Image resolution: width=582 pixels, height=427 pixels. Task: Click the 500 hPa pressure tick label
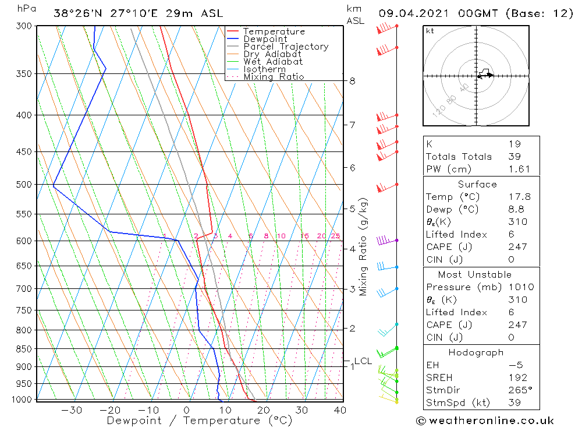pos(25,185)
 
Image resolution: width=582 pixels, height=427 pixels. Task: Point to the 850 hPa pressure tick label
pos(25,349)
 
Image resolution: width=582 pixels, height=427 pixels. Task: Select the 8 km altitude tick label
pos(352,81)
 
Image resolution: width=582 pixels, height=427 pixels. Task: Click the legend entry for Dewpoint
pos(265,39)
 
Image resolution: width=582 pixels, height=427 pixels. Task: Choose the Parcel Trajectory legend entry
pos(285,47)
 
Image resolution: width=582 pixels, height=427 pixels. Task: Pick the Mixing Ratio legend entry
pos(274,77)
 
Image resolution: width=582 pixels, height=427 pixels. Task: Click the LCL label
pos(363,361)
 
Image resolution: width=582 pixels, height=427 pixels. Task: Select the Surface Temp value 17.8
pos(519,197)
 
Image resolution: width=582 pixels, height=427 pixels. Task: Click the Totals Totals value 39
pos(513,156)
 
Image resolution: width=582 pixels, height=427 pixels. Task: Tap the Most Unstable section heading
pos(475,274)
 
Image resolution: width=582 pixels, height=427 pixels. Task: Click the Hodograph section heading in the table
pos(475,352)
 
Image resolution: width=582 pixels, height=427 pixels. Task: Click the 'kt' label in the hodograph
pos(430,31)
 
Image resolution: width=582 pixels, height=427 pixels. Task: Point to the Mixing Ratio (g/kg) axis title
pos(363,247)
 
